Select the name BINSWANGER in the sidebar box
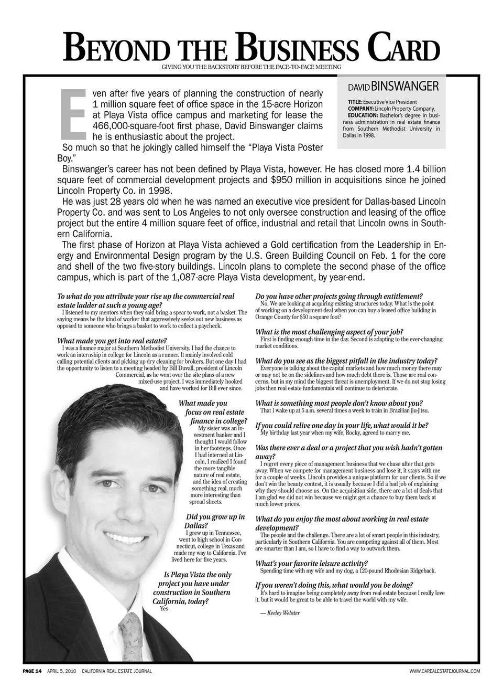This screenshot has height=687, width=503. click(405, 86)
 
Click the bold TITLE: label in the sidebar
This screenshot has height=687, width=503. click(355, 102)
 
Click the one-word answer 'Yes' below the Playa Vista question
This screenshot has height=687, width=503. click(164, 609)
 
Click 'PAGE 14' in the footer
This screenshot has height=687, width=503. click(32, 671)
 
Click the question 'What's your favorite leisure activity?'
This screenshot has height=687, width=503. click(311, 563)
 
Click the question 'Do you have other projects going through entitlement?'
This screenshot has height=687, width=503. click(339, 297)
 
